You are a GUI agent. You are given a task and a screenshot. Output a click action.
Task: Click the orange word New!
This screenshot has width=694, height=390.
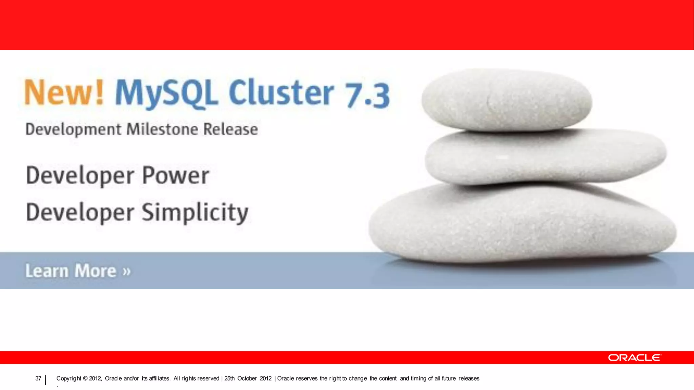64,93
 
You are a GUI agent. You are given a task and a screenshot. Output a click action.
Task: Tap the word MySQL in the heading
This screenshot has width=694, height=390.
166,93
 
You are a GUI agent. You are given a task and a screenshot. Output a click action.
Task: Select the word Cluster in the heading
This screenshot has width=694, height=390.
281,93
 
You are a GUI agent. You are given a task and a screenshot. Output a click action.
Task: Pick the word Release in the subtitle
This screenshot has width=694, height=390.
230,129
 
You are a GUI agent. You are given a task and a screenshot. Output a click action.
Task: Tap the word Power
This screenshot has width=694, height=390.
176,175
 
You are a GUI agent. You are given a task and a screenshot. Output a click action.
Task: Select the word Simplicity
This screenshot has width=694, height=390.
195,213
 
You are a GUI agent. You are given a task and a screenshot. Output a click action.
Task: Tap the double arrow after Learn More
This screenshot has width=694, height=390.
126,271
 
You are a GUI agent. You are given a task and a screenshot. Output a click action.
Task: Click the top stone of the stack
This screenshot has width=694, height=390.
507,100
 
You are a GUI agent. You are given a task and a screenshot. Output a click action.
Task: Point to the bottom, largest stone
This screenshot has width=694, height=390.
522,223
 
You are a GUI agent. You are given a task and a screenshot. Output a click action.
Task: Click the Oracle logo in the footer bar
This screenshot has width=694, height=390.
634,357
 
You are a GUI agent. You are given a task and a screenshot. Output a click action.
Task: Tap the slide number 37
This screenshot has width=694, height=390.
38,378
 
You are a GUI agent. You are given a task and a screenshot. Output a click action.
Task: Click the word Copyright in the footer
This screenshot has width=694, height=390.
69,378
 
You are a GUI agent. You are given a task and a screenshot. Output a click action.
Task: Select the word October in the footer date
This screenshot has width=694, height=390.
247,378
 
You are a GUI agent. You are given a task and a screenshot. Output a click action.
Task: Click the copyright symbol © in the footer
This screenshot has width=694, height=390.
85,378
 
